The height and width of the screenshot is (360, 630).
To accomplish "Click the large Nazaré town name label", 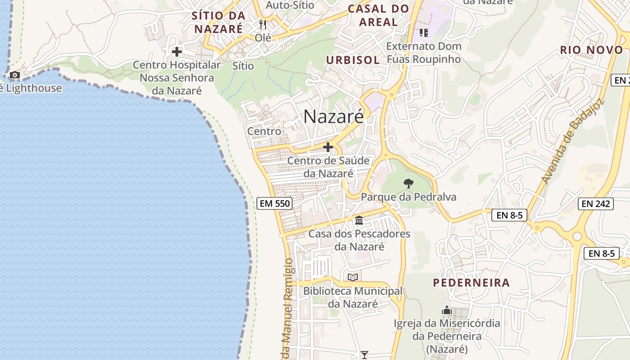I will [333, 117].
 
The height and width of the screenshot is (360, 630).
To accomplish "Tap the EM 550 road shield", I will [275, 203].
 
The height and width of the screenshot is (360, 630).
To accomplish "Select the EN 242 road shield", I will [596, 204].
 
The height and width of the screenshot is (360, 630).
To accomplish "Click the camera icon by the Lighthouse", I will [14, 75].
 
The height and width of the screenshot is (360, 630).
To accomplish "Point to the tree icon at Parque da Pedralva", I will [408, 183].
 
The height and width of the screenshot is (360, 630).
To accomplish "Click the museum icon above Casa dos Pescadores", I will [359, 220].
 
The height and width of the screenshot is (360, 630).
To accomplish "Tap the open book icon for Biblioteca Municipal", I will [353, 277].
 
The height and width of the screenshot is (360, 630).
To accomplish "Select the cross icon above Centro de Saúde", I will [328, 147].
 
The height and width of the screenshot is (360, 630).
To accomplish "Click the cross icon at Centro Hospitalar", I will [177, 52].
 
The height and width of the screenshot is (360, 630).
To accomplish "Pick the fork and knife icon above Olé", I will [263, 24].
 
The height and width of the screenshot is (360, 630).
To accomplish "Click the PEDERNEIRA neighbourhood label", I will [471, 283].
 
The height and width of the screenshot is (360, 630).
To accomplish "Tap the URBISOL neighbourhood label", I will [353, 60].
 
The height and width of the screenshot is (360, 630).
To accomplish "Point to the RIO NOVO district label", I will [591, 50].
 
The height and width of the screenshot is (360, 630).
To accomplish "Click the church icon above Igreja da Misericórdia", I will [446, 310].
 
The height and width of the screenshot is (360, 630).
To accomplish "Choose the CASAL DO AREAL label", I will [378, 15].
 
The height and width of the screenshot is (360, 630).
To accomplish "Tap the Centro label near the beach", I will [264, 131].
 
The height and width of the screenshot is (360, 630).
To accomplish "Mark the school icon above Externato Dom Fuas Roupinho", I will [423, 32].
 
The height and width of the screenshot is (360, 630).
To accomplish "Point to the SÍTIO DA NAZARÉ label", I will [218, 22].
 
